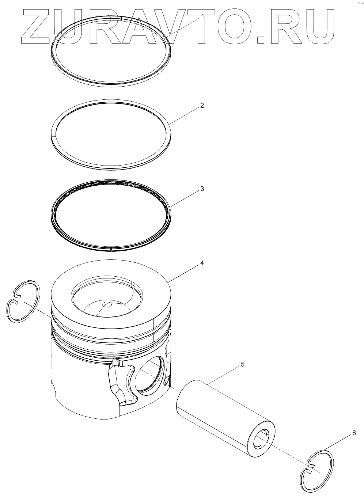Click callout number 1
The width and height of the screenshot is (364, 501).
202,16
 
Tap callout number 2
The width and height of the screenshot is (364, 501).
202,105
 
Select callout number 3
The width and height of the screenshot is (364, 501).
202,189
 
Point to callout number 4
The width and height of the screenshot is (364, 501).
202,263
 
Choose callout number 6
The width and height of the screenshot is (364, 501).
354,433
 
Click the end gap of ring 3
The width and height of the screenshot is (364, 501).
111,248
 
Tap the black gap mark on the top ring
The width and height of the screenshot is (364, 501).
121,19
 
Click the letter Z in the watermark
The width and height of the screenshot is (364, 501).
36,26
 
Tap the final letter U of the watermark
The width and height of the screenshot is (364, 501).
319,27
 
